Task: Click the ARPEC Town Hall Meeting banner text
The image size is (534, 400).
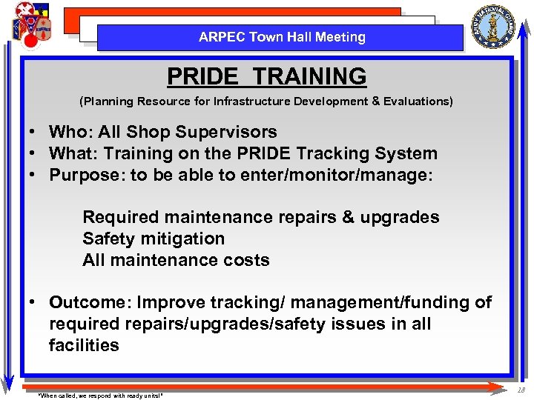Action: (282, 37)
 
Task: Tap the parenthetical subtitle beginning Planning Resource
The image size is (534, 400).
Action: (266, 101)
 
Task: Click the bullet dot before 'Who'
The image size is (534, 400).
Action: (34, 133)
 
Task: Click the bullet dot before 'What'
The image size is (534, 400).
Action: (34, 154)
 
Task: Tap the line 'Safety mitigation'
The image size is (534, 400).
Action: (154, 239)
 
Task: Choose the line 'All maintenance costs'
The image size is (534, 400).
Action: (176, 260)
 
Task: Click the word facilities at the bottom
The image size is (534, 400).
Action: (84, 345)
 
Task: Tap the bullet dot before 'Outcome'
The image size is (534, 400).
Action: (34, 302)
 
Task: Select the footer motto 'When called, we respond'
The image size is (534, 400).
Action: (100, 395)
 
